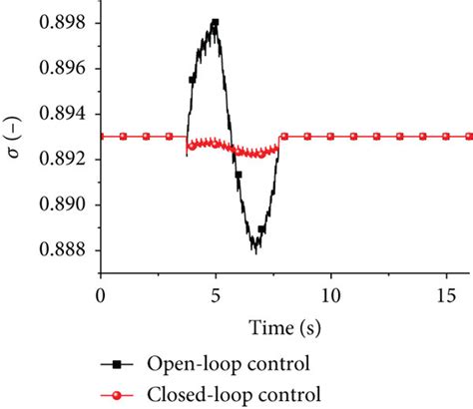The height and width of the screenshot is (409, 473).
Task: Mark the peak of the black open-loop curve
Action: click(x=215, y=21)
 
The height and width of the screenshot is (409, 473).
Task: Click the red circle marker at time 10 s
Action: click(x=330, y=137)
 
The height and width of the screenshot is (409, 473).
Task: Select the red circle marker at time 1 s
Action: click(x=123, y=137)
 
